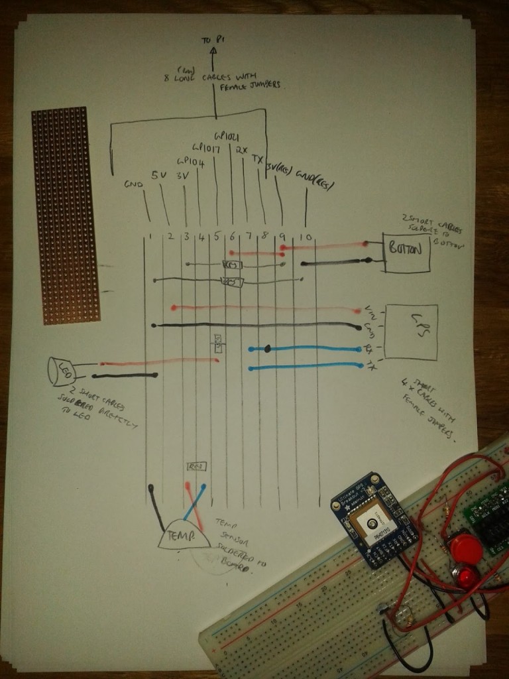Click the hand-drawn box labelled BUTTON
pos(406,253)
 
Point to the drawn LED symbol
pos(61,371)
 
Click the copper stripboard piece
pos(65,216)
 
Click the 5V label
pos(159,176)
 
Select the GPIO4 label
pos(190,161)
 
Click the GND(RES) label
pos(314,176)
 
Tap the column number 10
pos(306,237)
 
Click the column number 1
pos(152,236)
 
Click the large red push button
pos(461,550)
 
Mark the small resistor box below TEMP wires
pos(198,466)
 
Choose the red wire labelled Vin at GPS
pos(265,308)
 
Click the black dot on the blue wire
pos(268,348)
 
